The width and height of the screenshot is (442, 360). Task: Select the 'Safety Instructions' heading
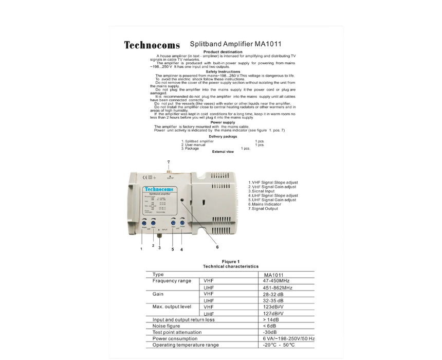tap(223, 71)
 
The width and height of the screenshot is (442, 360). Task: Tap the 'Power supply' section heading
tap(223, 122)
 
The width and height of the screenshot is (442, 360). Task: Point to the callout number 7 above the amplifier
tap(168, 162)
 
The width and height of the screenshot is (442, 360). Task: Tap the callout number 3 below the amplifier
tap(159, 248)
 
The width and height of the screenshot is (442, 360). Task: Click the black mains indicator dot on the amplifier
tap(182, 201)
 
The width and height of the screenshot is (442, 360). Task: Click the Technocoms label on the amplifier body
tap(159, 189)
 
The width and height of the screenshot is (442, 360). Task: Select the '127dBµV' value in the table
tap(273, 313)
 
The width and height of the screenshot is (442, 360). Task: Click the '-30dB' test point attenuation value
tap(270, 332)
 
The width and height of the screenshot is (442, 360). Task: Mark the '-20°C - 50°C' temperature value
tap(280, 345)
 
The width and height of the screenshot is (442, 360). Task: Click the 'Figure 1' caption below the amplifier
tap(231, 262)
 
